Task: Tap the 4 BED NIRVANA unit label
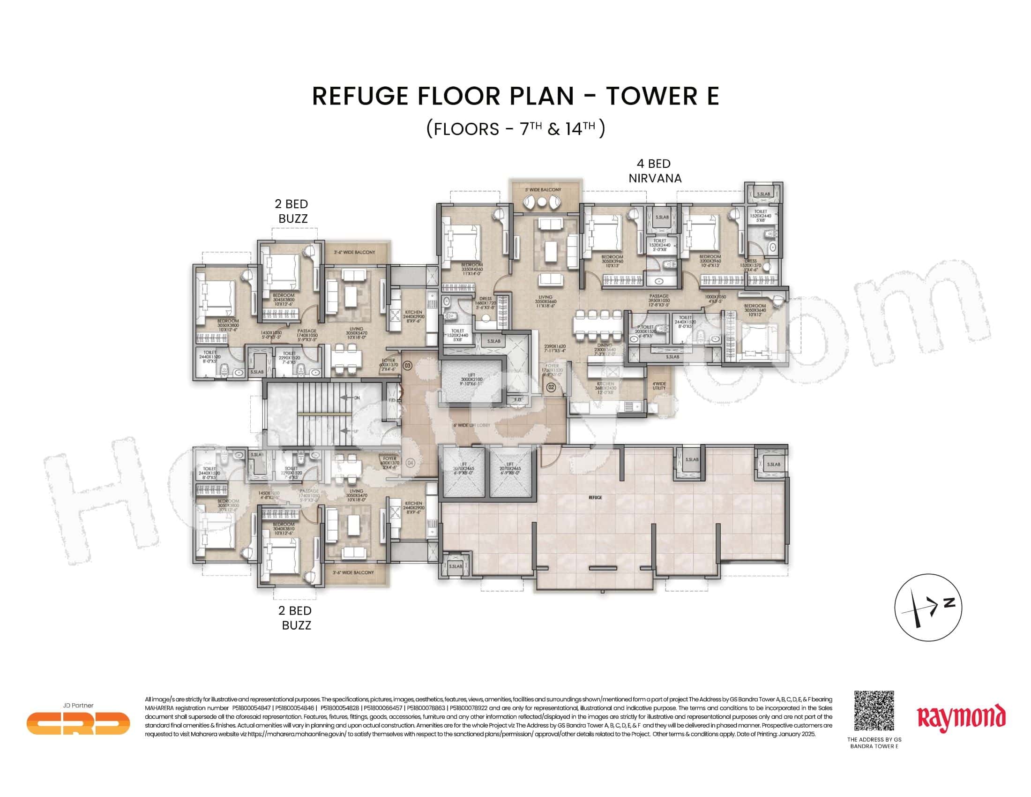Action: click(654, 171)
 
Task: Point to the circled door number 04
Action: click(410, 463)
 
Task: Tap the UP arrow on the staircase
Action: click(348, 431)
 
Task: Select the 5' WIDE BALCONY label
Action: click(543, 190)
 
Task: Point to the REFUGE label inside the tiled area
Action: click(596, 497)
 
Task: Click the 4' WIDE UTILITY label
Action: click(659, 386)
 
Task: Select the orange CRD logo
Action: click(78, 723)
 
